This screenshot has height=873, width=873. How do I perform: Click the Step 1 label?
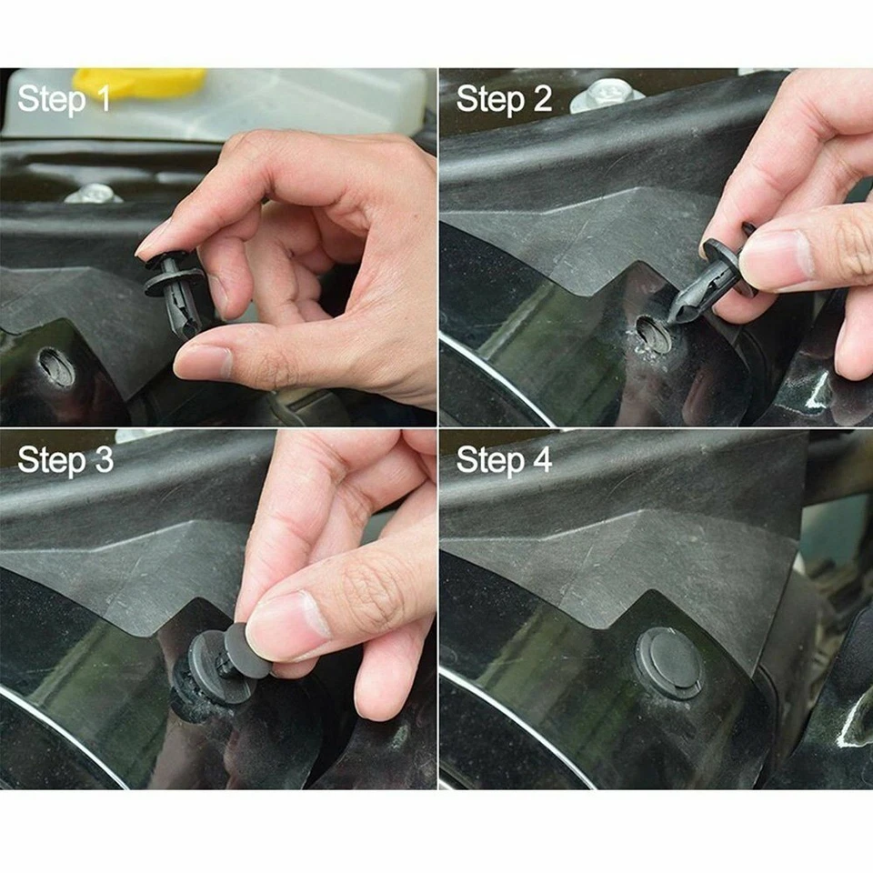[x=64, y=99]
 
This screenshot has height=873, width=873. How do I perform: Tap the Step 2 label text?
[x=504, y=99]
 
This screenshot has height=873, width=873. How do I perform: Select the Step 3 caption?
[x=65, y=460]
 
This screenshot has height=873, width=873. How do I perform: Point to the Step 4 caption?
[x=504, y=460]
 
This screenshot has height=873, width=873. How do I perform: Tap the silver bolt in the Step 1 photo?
[x=94, y=193]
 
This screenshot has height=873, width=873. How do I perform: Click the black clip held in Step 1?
[x=178, y=291]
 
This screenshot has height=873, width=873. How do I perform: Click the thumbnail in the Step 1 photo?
[x=202, y=363]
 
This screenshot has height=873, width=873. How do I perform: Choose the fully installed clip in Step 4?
[x=668, y=662]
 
